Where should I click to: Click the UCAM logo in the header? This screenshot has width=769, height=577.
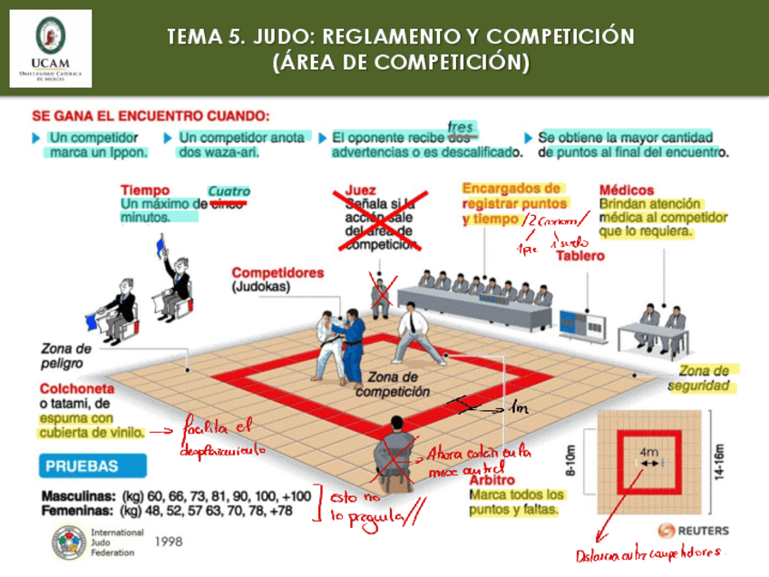(x=51, y=47)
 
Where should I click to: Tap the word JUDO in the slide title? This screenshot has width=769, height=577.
(x=285, y=37)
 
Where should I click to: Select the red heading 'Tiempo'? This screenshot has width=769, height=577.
(x=144, y=191)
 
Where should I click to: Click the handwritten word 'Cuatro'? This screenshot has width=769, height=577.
(x=229, y=191)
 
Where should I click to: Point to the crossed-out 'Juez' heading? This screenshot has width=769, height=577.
(x=360, y=191)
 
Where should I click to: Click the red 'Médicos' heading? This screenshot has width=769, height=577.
(x=627, y=191)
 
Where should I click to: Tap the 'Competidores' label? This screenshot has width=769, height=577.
(x=277, y=272)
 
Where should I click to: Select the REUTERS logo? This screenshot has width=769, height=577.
(x=691, y=530)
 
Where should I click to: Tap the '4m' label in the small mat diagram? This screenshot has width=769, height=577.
(x=649, y=451)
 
